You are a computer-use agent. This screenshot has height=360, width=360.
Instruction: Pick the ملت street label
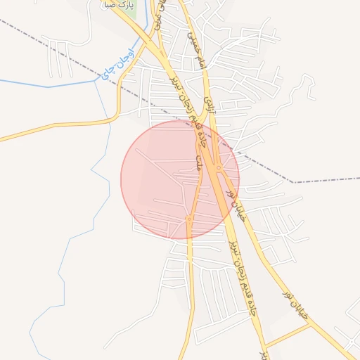coord(200,164)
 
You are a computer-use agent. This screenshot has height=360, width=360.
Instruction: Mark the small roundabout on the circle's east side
coord(219,168)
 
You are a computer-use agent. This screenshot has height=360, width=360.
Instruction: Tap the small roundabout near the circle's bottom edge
coord(189,220)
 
